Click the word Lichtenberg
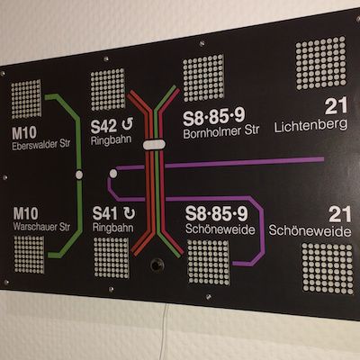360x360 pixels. [x=310, y=126]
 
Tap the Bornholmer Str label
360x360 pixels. [x=221, y=132]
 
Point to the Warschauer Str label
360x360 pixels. [x=41, y=227]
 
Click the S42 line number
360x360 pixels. [x=103, y=126]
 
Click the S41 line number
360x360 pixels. [x=104, y=213]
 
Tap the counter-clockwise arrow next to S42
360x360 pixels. [x=128, y=124]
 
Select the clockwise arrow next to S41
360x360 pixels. [x=130, y=213]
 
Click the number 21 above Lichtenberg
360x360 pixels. [x=336, y=105]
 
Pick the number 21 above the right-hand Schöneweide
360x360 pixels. [x=340, y=214]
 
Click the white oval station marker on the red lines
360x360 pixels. [x=154, y=144]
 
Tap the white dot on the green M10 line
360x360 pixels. [x=79, y=175]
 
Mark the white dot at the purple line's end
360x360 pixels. [x=113, y=173]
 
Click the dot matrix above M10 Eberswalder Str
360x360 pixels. [x=26, y=99]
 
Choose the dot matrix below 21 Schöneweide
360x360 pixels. [x=328, y=268]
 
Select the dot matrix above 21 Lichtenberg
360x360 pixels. [x=320, y=63]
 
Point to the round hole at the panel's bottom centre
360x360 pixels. [x=157, y=265]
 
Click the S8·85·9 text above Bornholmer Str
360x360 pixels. [x=214, y=116]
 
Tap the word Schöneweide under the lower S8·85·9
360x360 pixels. [x=220, y=229]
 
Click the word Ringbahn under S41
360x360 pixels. [x=113, y=228]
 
